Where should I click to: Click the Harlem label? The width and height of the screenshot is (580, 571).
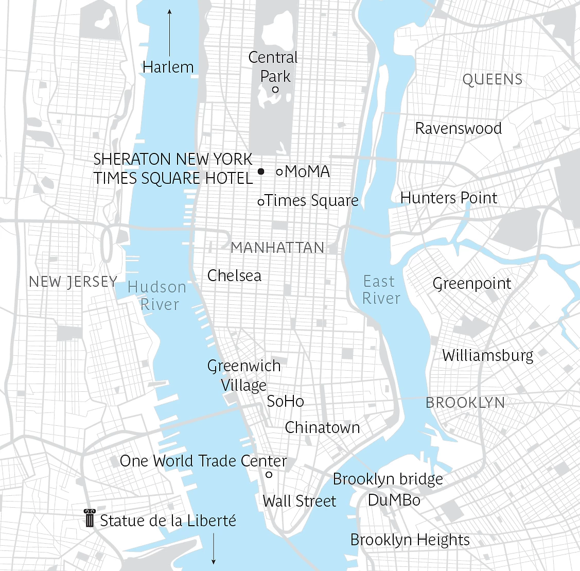tap(168, 67)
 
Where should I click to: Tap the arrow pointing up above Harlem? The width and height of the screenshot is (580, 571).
tap(170, 31)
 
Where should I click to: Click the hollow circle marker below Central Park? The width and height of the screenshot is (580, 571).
tap(275, 90)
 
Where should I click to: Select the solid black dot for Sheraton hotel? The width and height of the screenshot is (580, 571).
tap(261, 171)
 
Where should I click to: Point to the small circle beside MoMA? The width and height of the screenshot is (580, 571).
tap(279, 172)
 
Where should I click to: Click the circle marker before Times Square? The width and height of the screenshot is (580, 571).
tap(261, 202)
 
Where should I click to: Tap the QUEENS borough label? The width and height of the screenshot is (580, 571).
tap(493, 80)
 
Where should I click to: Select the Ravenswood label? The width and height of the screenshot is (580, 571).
tap(458, 128)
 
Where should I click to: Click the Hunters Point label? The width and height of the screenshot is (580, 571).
tap(449, 198)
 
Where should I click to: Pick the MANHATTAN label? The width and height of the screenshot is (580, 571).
tap(277, 248)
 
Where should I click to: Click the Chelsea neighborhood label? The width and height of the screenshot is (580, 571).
tap(234, 275)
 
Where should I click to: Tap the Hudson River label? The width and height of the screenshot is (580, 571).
tap(157, 296)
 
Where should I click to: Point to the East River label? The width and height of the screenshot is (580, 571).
tap(381, 289)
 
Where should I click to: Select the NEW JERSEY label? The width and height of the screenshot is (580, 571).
tap(73, 282)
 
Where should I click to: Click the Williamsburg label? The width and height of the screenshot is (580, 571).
tap(487, 355)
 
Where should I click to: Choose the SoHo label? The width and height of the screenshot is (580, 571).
tap(285, 401)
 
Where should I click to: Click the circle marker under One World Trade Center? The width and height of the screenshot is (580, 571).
tap(269, 475)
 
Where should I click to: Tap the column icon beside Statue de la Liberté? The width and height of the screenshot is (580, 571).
tap(90, 518)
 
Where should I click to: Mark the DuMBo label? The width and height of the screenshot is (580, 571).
tap(394, 499)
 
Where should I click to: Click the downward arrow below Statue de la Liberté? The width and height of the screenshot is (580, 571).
tap(214, 549)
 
